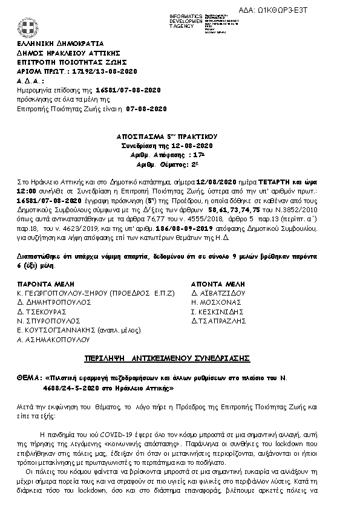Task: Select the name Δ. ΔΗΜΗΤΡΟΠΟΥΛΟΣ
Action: pyautogui.click(x=54, y=302)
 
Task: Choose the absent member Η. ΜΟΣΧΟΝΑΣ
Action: pyautogui.click(x=217, y=302)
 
